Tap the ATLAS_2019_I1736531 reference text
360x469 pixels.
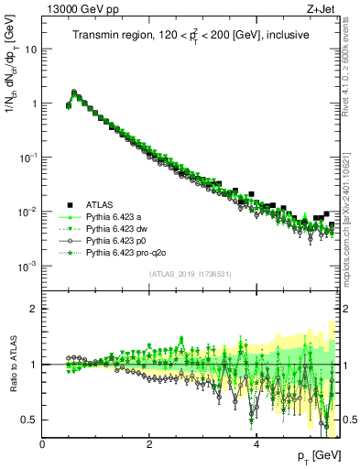pyautogui.click(x=191, y=274)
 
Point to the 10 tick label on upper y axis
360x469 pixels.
pyautogui.click(x=30, y=49)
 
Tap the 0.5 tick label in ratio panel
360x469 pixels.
pyautogui.click(x=29, y=420)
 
